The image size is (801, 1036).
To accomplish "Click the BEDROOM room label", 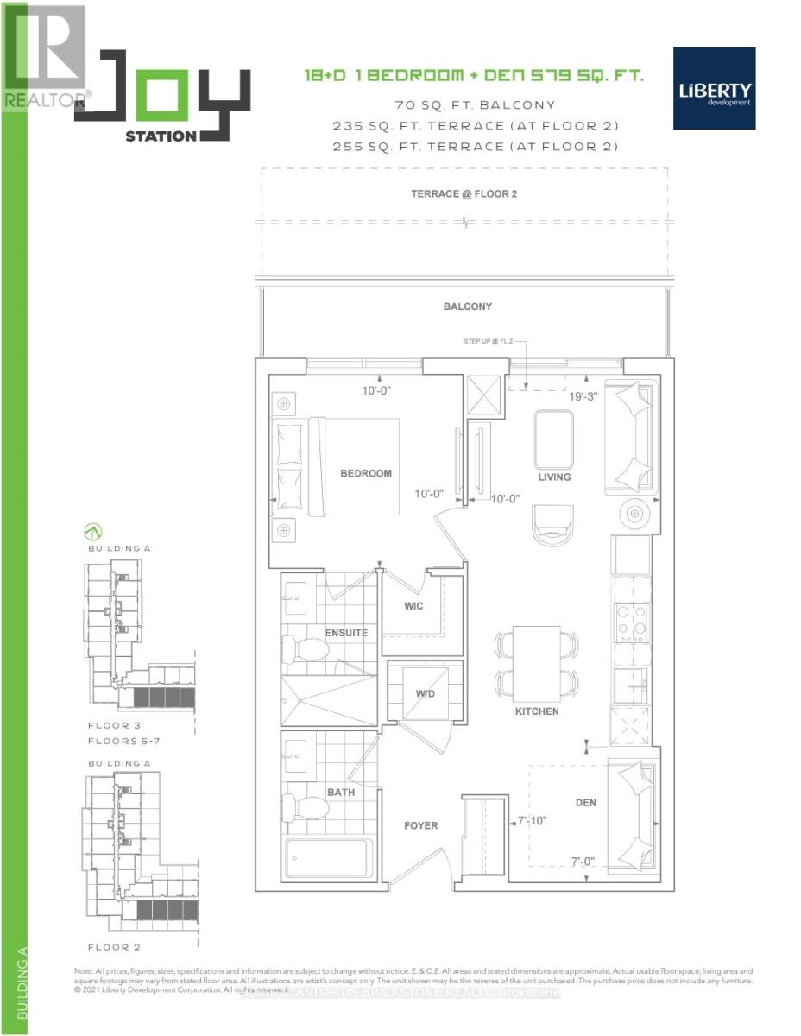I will point(365,473).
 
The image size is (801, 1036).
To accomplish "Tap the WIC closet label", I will point(413,606).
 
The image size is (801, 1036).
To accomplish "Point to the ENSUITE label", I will point(346,633).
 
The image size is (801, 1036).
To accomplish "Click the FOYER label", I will point(421,825).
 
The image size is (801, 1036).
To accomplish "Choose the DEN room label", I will point(586,803).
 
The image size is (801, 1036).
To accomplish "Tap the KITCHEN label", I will point(537,711).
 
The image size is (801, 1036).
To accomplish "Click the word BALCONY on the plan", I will point(468,306).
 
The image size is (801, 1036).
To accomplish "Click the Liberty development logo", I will point(716,88).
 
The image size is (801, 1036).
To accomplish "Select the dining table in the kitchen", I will point(536,662).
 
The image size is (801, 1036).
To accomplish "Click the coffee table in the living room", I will point(553,439).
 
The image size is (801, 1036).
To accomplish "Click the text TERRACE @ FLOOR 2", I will point(464,193).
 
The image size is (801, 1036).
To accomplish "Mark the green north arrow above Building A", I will point(91,531).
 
